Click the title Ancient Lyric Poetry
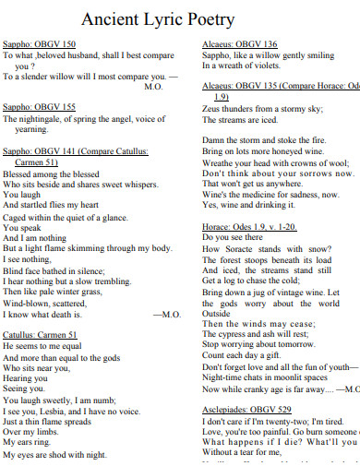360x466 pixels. pyautogui.click(x=170, y=19)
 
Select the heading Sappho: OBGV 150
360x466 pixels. pyautogui.click(x=40, y=44)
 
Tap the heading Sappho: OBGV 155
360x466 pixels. pyautogui.click(x=40, y=107)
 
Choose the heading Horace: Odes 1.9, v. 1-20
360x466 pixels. pyautogui.click(x=249, y=226)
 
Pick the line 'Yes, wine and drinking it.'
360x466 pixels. pyautogui.click(x=249, y=205)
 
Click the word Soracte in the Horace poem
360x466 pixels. pyautogui.click(x=247, y=249)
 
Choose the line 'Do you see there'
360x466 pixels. pyautogui.click(x=232, y=237)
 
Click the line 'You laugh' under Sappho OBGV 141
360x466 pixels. pyautogui.click(x=22, y=195)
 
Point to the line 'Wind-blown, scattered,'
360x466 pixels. pyautogui.click(x=45, y=302)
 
